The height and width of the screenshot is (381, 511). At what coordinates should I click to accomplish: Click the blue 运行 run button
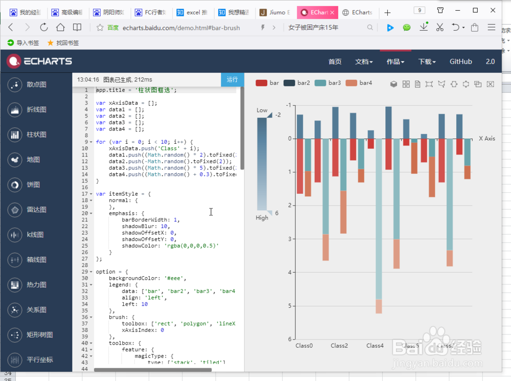pos(233,79)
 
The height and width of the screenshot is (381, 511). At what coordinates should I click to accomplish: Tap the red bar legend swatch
pos(261,83)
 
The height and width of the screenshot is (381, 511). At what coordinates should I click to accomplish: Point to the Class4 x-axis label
pos(375,346)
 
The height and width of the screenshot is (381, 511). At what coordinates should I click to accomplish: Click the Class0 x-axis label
pos(304,346)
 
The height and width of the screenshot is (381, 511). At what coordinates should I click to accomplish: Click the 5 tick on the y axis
pos(289,306)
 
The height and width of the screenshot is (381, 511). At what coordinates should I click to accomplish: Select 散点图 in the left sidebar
pos(36,84)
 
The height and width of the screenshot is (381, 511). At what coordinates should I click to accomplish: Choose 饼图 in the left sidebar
pos(33,185)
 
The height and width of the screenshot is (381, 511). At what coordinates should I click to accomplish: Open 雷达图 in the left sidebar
pos(36,210)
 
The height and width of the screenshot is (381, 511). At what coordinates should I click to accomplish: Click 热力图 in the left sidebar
pos(36,285)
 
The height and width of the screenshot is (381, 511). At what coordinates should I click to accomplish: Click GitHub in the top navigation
pos(460,61)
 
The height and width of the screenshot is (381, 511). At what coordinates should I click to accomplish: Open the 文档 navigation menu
pos(364,61)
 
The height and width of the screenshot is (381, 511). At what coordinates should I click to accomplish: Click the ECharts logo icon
pos(14,61)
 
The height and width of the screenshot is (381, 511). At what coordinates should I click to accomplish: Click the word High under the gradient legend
pos(262,218)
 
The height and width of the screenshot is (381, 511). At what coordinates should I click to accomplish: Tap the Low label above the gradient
pos(262,110)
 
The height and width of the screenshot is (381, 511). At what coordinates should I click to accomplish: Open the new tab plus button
pos(387,12)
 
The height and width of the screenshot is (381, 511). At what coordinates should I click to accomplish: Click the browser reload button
pos(44,28)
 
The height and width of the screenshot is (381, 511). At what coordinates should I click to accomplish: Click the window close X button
pos(493,10)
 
